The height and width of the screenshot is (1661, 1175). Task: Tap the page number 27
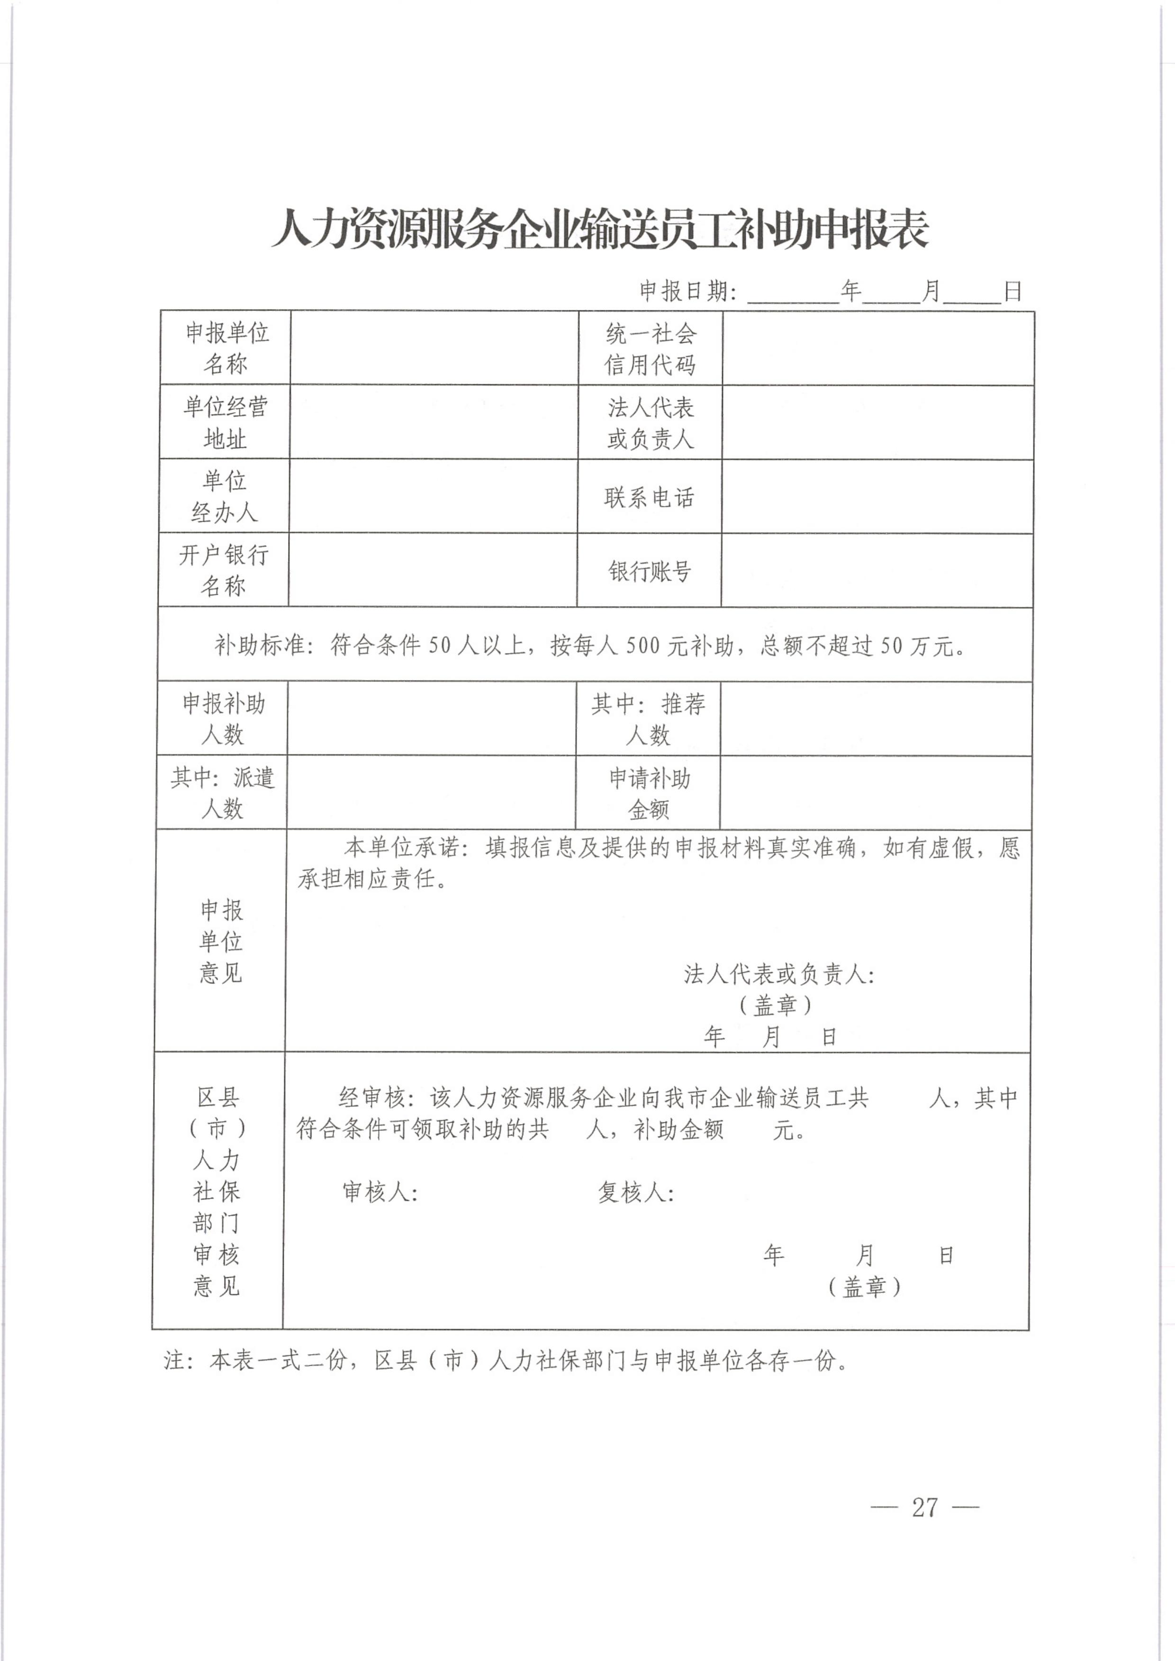point(925,1507)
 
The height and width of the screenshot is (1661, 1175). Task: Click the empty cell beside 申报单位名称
point(434,348)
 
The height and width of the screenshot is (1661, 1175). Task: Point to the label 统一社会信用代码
point(651,349)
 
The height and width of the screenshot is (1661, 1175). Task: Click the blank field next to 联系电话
point(877,497)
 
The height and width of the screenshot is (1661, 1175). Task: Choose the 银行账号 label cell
point(650,571)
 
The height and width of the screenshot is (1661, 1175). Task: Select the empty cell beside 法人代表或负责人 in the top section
point(877,423)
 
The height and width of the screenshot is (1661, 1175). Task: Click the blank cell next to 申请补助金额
point(876,793)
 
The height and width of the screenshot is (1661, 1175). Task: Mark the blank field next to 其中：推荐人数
point(876,719)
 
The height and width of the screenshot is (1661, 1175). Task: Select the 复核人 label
point(634,1192)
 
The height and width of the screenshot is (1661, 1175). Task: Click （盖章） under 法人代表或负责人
point(776,1005)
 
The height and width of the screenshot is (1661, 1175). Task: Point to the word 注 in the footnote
point(174,1361)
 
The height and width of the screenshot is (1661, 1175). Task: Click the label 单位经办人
point(224,497)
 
